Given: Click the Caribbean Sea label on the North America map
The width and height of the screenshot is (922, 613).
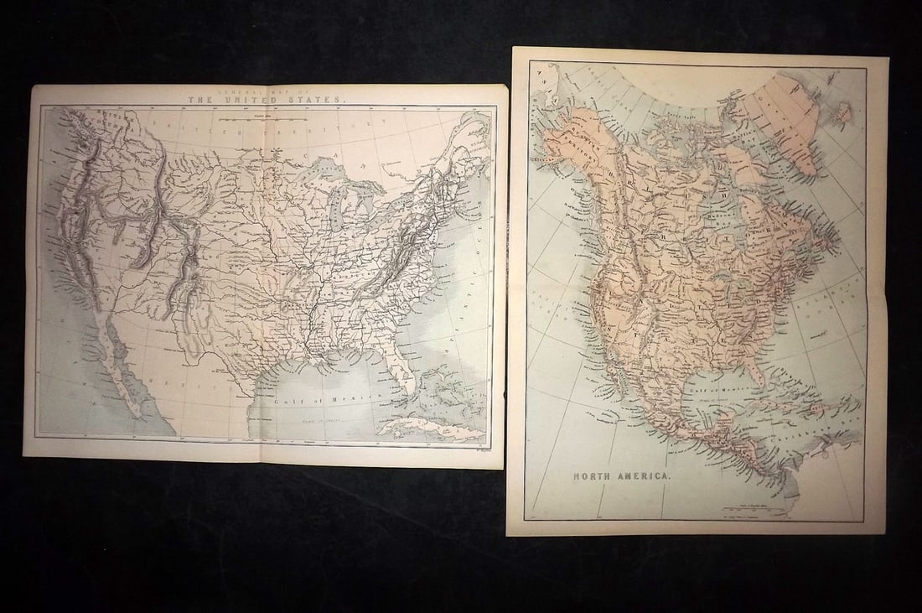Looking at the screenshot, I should click(826, 436).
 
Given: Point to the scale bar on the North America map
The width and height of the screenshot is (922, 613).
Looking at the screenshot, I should click(738, 507).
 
